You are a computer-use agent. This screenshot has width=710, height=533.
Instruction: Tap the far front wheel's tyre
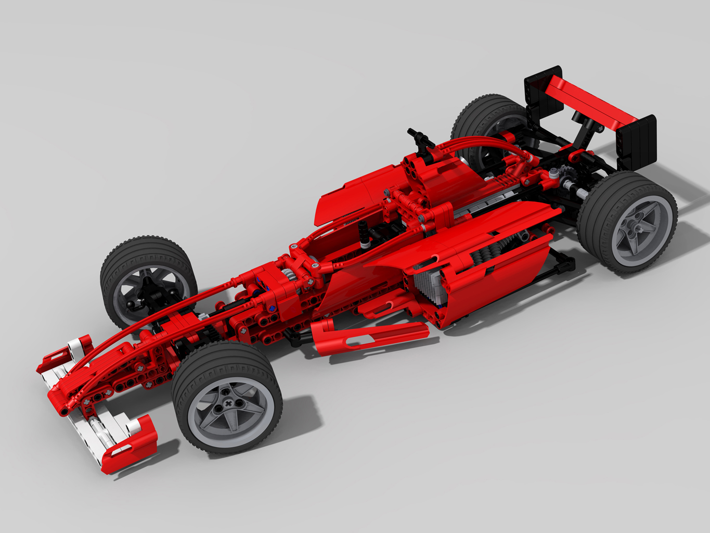click(148, 255)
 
